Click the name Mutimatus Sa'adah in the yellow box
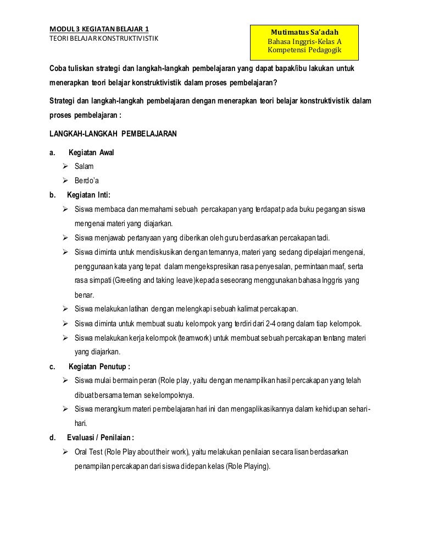point(304,32)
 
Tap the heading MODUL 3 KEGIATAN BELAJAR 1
point(99,29)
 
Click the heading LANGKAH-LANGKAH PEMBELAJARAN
point(113,134)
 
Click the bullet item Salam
point(84,166)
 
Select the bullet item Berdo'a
point(87,180)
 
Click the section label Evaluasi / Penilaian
point(100,437)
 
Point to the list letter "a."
point(53,152)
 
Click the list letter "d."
point(53,437)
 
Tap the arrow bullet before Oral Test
point(65,452)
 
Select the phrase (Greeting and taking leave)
point(150,280)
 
